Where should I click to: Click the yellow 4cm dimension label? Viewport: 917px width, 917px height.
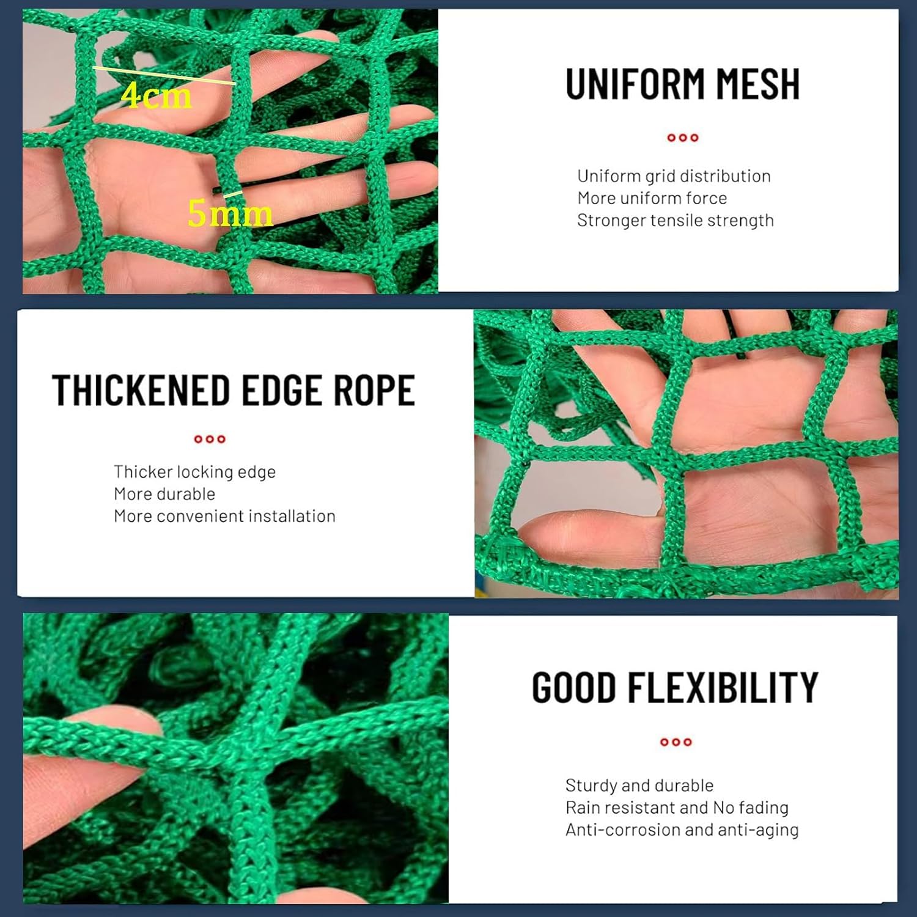pos(157,96)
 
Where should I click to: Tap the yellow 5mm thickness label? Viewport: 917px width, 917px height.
pos(230,213)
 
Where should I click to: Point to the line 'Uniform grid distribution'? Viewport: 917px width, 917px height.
pos(674,176)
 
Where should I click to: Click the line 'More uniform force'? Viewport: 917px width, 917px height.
pos(652,198)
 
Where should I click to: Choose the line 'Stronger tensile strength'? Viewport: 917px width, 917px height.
pos(675,220)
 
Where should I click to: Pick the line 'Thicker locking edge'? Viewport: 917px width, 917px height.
pos(194,472)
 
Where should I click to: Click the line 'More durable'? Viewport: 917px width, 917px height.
pos(164,494)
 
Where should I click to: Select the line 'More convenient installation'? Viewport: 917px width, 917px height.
pos(224,516)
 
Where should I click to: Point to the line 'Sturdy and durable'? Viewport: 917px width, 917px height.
pos(639,786)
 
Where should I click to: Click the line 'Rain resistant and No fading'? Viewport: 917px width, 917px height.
pos(677,808)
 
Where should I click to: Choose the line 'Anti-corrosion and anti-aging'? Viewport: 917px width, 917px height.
pos(682,830)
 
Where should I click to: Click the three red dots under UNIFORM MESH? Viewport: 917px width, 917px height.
pos(682,138)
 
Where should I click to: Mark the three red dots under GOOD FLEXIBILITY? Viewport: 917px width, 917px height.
pos(676,742)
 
